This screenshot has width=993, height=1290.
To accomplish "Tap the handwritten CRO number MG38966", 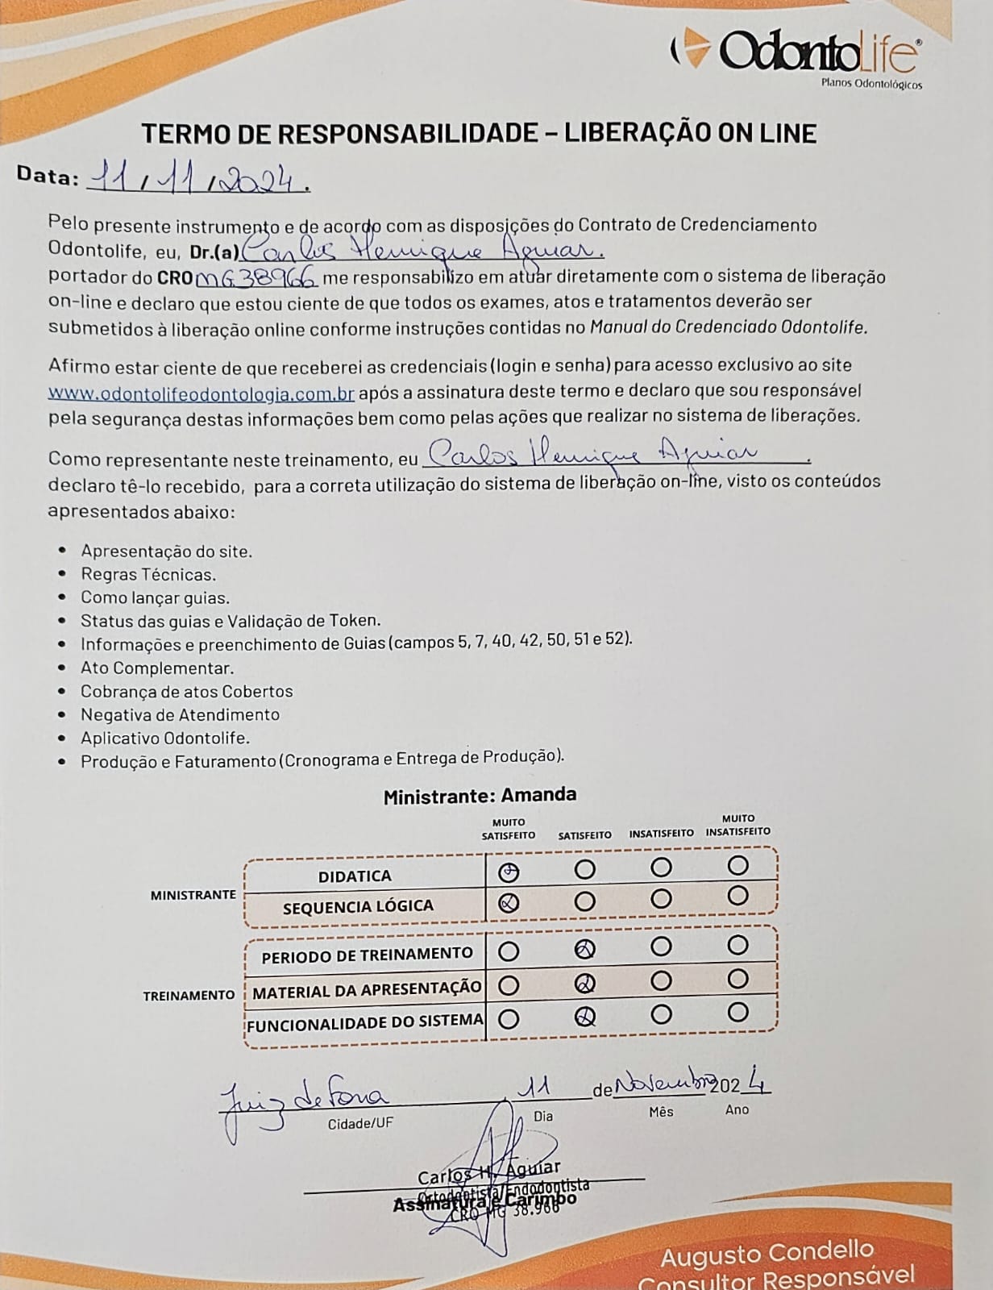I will click(x=257, y=278).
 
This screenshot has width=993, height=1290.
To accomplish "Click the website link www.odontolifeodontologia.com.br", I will click(x=202, y=393).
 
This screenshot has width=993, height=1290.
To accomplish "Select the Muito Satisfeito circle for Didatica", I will click(x=509, y=872).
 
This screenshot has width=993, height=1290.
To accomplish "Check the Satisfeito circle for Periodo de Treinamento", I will click(x=585, y=950).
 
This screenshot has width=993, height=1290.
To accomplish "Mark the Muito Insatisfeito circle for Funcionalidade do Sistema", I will click(x=737, y=1013).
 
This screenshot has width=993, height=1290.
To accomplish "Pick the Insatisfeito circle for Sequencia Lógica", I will click(x=661, y=899).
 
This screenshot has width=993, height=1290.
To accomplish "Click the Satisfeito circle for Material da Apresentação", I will click(x=585, y=983).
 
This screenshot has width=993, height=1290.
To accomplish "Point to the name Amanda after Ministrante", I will click(x=538, y=795).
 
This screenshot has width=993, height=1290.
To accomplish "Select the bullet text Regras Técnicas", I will click(x=148, y=575).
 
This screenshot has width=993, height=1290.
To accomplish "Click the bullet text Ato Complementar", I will click(x=157, y=668).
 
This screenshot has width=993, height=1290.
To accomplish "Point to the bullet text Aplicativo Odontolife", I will click(x=165, y=738).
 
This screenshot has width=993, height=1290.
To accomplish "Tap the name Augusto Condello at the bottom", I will click(x=767, y=1253).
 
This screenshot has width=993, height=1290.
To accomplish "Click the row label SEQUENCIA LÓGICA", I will click(x=358, y=907).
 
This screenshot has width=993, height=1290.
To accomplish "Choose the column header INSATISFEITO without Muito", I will click(x=661, y=834).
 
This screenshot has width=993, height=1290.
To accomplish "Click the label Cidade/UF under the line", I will click(x=360, y=1123).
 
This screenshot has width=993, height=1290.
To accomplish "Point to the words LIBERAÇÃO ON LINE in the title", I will click(x=690, y=133).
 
